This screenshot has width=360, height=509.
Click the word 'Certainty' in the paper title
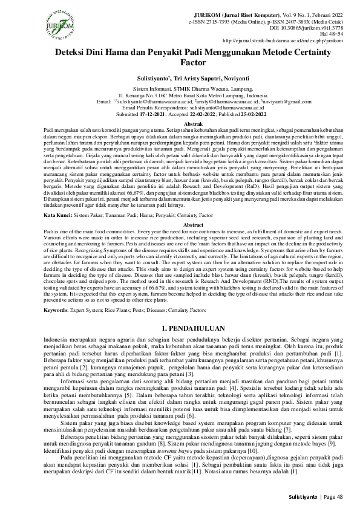pyautogui.click(x=296, y=53)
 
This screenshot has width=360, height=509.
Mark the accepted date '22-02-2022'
pyautogui.click(x=208, y=114)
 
